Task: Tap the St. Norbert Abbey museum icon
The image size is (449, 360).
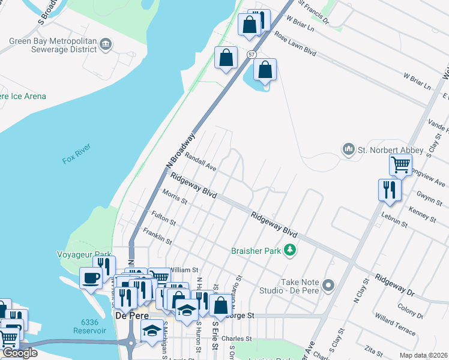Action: tap(348, 148)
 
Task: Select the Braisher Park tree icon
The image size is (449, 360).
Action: tap(291, 250)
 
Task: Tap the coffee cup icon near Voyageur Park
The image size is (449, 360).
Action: tap(91, 278)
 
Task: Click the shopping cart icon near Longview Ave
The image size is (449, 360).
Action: tap(400, 163)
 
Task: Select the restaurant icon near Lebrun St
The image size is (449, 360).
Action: tap(389, 190)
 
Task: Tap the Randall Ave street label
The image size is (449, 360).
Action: tap(200, 160)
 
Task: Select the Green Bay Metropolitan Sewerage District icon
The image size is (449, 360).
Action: tap(106, 43)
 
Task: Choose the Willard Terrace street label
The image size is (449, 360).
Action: tap(394, 323)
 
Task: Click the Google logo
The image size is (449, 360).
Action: tap(19, 353)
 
